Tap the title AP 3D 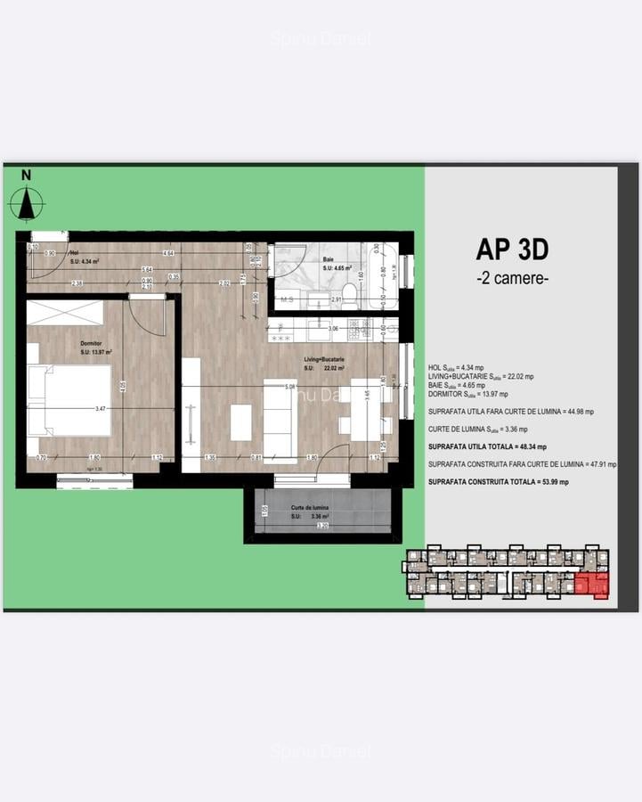click(512, 248)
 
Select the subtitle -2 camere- click(512, 277)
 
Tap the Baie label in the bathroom click(329, 259)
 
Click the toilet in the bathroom click(350, 300)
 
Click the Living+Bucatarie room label click(323, 359)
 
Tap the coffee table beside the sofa click(241, 422)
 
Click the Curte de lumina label click(310, 507)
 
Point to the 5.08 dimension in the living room click(290, 387)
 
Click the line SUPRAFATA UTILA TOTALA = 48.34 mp click(487, 446)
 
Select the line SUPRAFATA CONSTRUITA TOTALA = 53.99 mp click(498, 481)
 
